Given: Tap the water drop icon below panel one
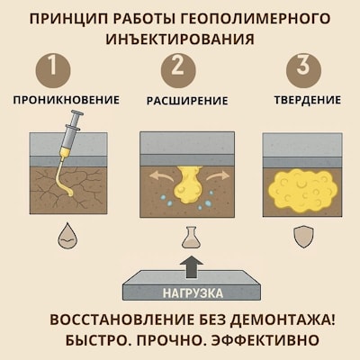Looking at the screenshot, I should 68,236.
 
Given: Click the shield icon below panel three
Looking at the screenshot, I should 303,236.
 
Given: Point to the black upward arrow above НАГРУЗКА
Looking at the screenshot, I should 190,267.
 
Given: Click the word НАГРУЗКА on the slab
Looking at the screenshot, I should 191,292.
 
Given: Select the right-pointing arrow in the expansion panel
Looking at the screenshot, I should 219,174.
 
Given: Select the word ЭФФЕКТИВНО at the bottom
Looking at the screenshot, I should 267,342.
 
